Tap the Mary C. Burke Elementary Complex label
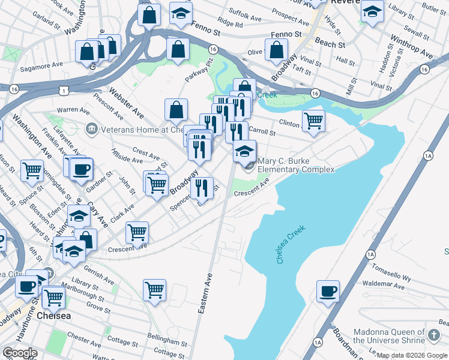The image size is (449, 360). click(296, 165)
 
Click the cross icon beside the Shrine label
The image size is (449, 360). click(434, 334)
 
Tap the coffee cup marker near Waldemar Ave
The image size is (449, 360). click(328, 292)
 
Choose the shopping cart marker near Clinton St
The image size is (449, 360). click(313, 120)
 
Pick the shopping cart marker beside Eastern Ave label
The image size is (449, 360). click(155, 290)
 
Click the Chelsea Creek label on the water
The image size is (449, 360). click(291, 244)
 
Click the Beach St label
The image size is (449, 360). click(330, 44)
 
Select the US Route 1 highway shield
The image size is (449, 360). click(63, 90)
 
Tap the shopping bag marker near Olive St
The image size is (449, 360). click(277, 52)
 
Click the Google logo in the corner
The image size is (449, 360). click(20, 353)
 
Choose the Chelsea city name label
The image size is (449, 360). click(54, 316)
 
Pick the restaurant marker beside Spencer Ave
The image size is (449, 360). click(202, 189)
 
